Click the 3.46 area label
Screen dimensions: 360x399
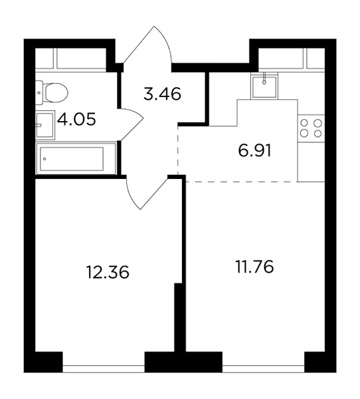click(162, 94)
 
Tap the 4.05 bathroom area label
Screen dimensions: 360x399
click(76, 119)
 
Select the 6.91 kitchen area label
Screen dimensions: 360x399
click(255, 151)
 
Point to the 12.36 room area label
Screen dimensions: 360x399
click(108, 272)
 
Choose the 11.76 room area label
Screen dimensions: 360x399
click(255, 267)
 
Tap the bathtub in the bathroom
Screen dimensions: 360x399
click(76, 159)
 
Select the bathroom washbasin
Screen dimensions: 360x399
click(45, 125)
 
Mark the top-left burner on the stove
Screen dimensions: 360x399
click(304, 123)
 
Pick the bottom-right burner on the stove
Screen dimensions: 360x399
click(317, 133)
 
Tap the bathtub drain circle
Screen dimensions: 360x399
click(45, 159)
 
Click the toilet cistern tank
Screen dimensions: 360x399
click(39, 92)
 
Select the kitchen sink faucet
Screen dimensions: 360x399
click(264, 78)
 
